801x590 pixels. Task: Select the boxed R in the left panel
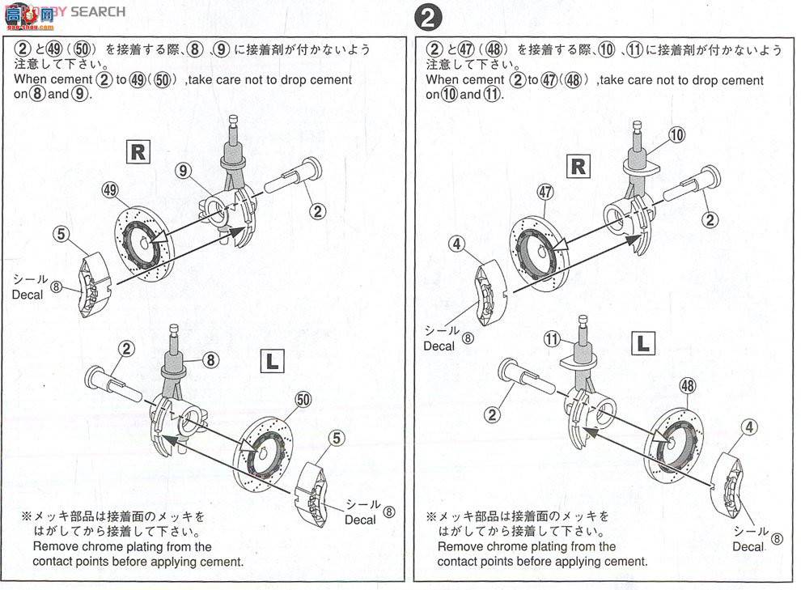coord(138,151)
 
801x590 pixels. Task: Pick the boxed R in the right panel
coord(578,166)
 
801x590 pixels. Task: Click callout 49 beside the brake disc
coord(111,190)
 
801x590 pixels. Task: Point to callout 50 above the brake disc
coord(303,399)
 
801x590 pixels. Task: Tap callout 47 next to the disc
coord(545,192)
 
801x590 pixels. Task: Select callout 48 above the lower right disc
coord(688,387)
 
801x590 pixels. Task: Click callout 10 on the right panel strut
coord(676,135)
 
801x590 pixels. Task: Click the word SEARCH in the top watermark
coord(98,11)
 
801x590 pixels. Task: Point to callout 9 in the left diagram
coord(184,170)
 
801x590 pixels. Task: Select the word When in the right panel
coord(444,80)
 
